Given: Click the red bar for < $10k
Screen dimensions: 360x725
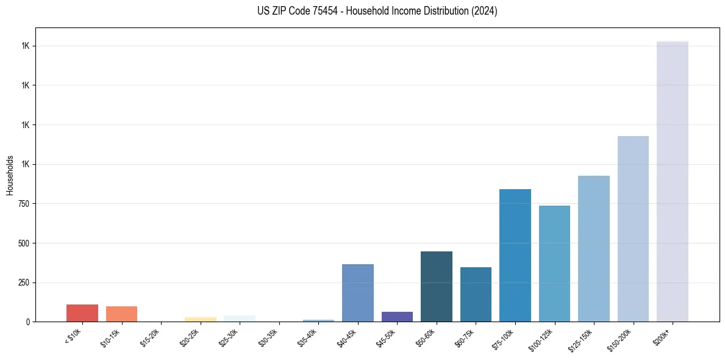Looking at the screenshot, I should click(x=82, y=313).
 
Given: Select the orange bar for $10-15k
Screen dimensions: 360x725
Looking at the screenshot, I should click(x=121, y=314).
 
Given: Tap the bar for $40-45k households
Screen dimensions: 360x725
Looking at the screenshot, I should click(x=358, y=293).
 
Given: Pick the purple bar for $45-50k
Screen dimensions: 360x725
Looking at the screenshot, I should click(x=397, y=317).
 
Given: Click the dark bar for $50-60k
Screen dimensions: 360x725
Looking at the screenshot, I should click(x=437, y=287).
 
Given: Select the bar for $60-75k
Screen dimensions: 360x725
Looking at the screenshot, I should click(x=476, y=295).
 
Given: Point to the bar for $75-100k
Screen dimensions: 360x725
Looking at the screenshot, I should click(x=515, y=256).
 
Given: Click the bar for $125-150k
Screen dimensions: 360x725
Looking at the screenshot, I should click(x=594, y=249).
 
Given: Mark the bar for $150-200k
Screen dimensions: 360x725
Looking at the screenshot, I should click(x=633, y=229).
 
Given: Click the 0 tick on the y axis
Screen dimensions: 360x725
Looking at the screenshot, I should click(x=28, y=322).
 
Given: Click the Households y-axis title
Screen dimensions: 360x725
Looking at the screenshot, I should click(x=10, y=175).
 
